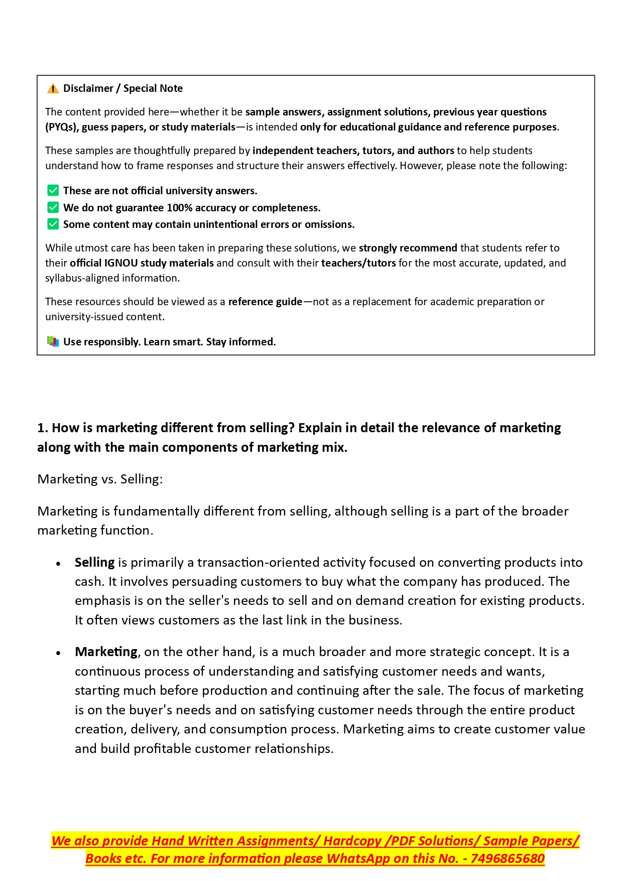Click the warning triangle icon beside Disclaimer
tap(53, 89)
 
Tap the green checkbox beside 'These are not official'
tap(53, 191)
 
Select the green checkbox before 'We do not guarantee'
tap(53, 208)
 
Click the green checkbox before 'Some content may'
tap(53, 224)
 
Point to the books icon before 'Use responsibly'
tap(53, 342)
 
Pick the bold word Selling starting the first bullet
tap(94, 562)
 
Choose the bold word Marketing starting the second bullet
tap(106, 652)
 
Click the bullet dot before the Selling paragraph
tap(59, 564)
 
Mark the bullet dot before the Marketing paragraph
tap(59, 653)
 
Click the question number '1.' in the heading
tap(43, 428)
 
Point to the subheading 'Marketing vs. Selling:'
tap(100, 479)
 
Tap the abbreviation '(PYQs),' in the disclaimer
tap(62, 127)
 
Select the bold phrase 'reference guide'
tap(265, 302)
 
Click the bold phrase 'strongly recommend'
tap(408, 248)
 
